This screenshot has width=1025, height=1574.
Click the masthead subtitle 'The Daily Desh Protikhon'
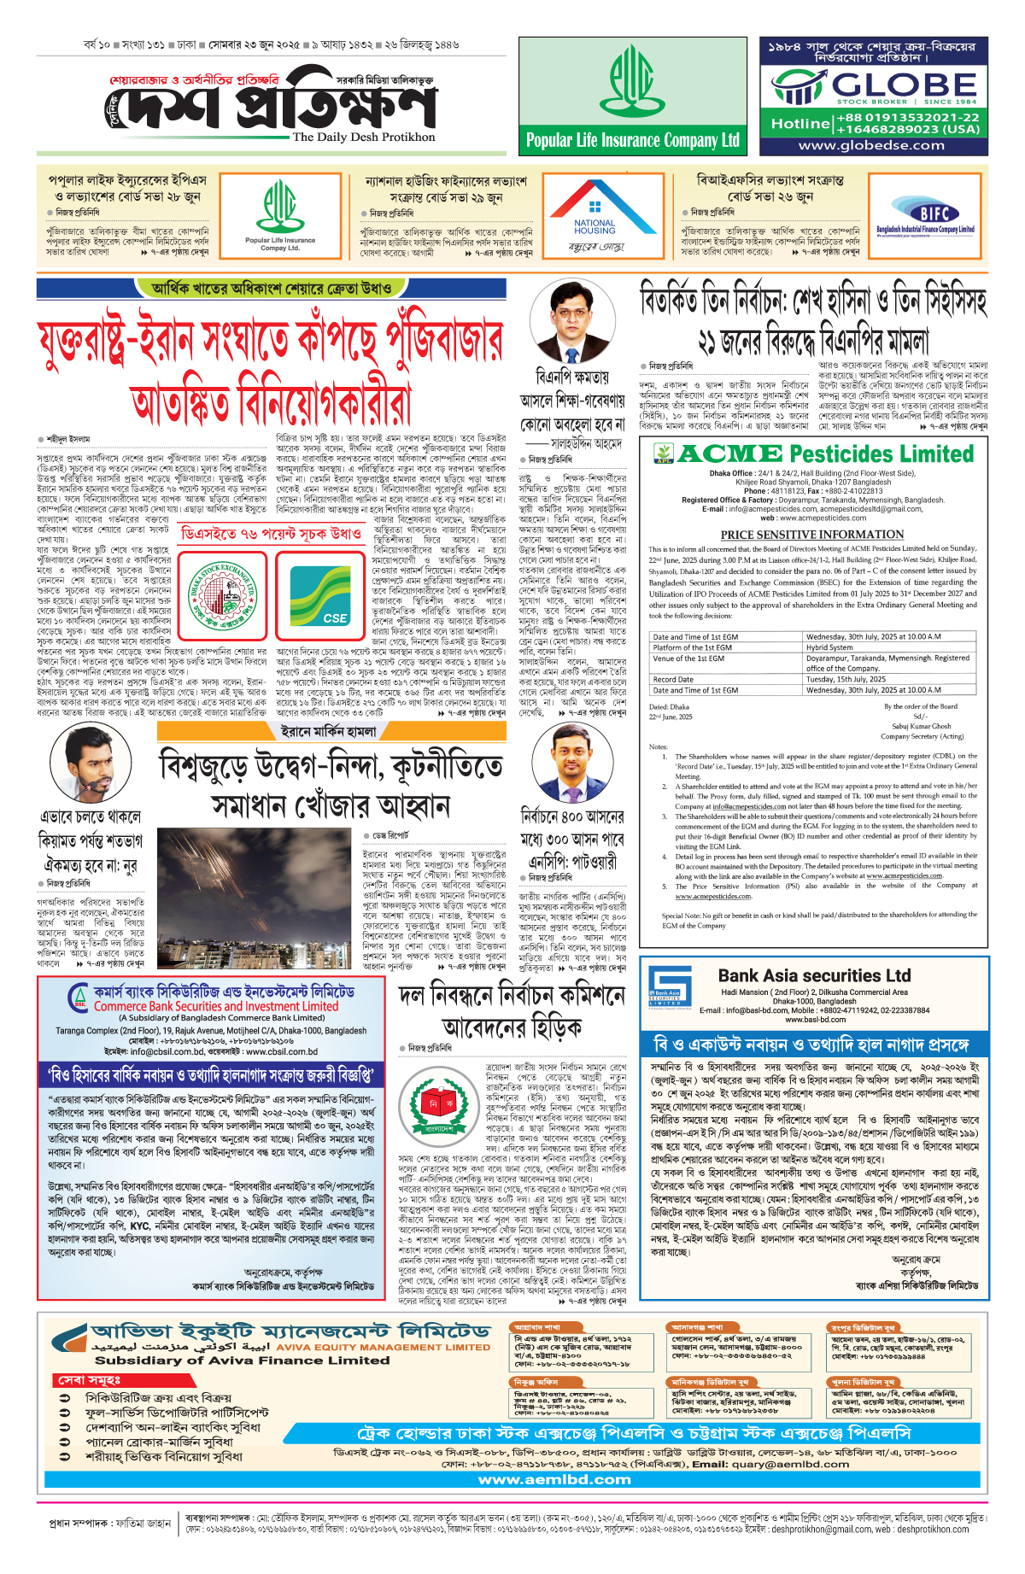(364, 137)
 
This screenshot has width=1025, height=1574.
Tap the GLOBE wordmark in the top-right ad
(904, 85)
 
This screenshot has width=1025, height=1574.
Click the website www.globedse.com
(871, 145)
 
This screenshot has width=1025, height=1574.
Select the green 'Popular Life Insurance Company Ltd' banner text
(633, 141)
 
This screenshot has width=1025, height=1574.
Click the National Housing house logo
(594, 207)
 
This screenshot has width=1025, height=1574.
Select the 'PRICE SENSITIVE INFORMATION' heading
(811, 535)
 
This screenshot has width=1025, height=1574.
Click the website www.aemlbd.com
(554, 1479)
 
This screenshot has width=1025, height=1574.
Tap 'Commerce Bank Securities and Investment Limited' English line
(216, 1007)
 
